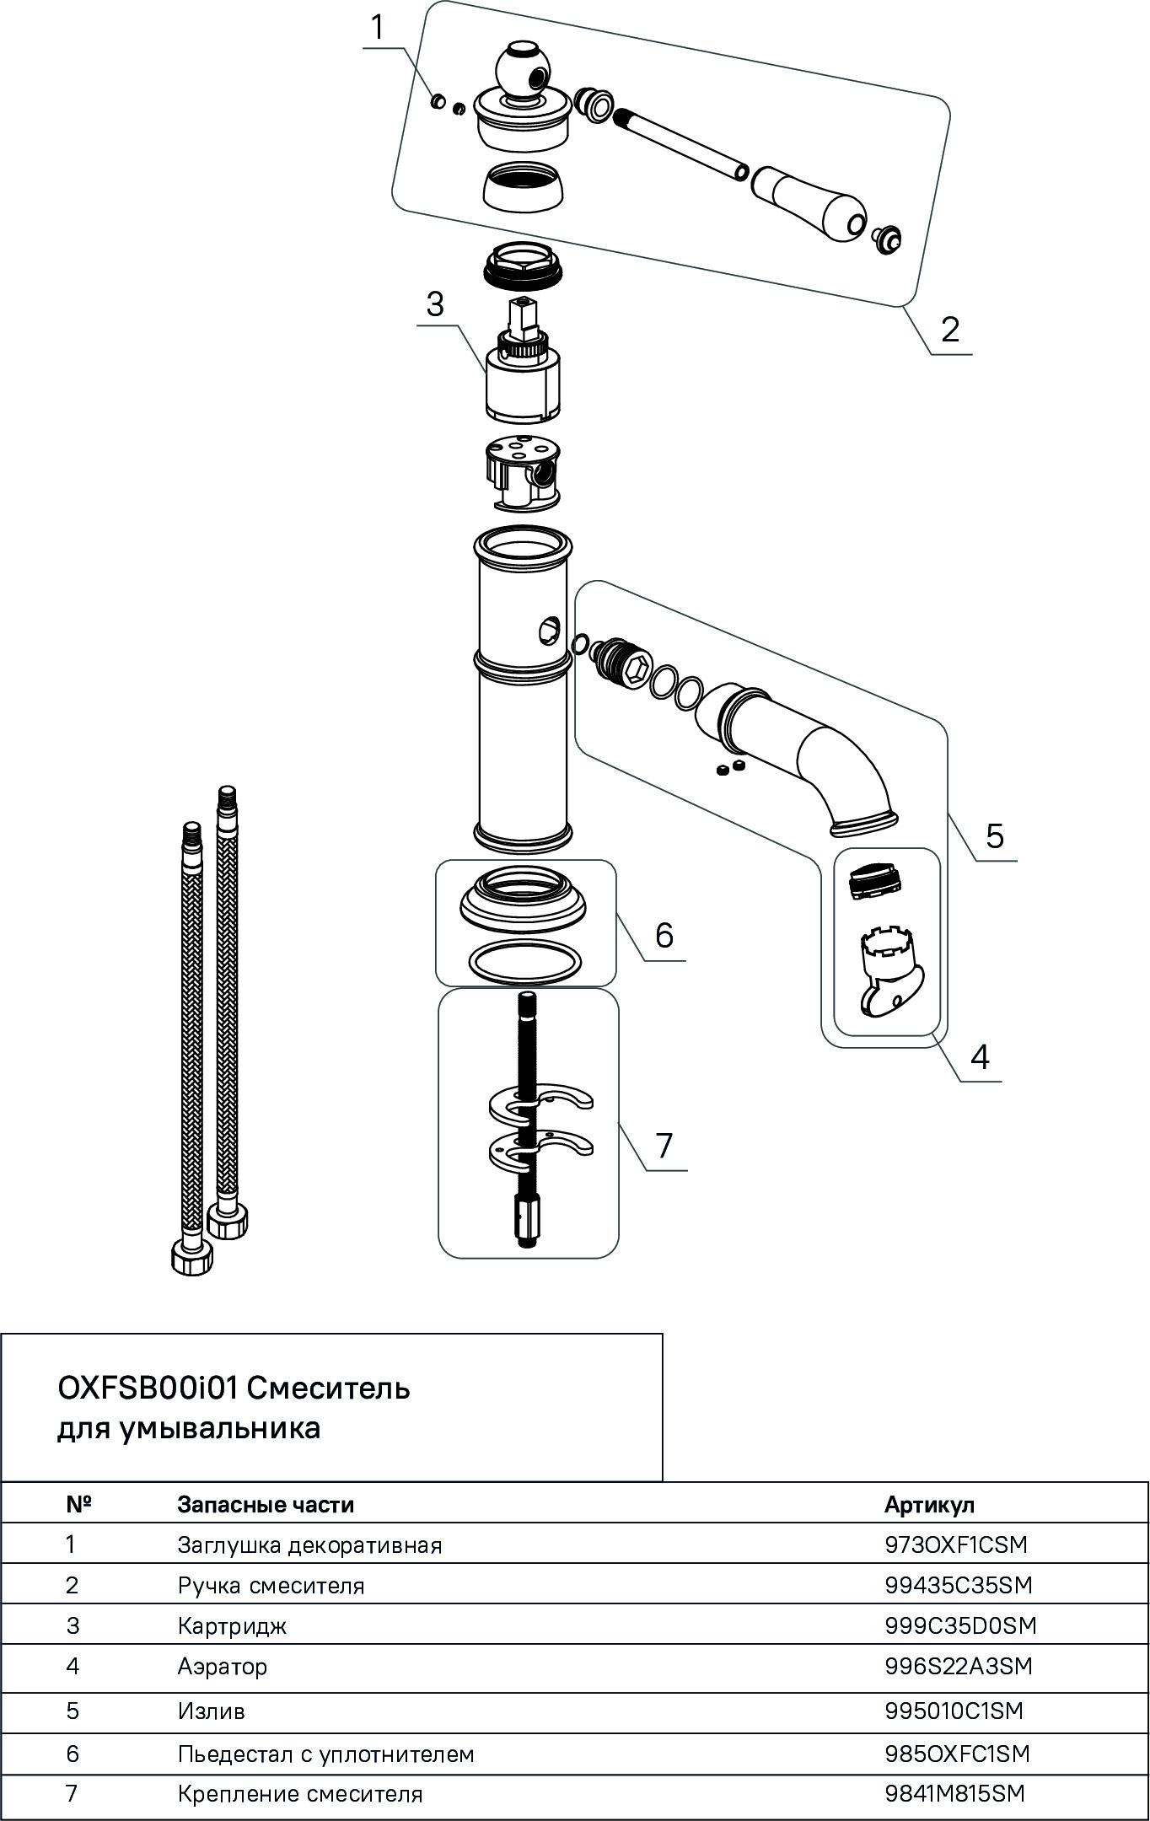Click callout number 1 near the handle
(377, 28)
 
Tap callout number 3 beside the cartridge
(434, 303)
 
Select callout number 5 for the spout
(995, 836)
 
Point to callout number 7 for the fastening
(664, 1146)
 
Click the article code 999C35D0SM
(960, 1625)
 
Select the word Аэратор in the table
(223, 1667)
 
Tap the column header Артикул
(928, 1505)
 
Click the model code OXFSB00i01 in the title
(148, 1388)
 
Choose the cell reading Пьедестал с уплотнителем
(325, 1754)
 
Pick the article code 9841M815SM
(954, 1794)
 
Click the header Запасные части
(266, 1505)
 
